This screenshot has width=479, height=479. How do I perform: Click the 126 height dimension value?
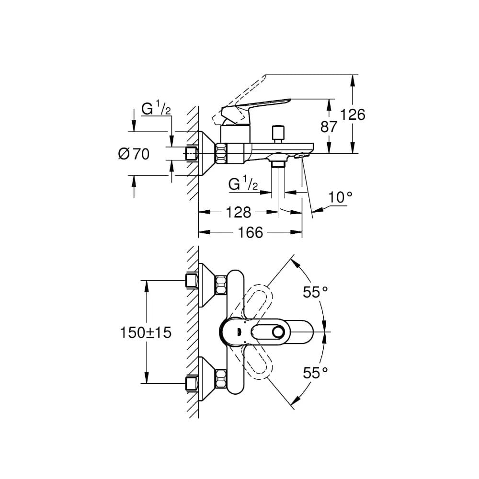pos(353,115)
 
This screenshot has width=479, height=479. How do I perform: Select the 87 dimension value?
pos(329,126)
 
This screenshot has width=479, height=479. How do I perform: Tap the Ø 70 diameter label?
pos(134,154)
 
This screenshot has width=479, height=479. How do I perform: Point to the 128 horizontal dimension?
pos(238,212)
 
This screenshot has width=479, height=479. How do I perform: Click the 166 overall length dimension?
pos(250,232)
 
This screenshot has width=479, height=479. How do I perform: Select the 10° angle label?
pos(340,197)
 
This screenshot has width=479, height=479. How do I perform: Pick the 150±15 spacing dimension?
pos(146,332)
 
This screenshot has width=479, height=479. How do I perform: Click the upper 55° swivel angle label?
pos(315,292)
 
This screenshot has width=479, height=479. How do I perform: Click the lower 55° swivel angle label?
pos(315,373)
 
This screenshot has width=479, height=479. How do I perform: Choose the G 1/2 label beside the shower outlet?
pos(243,184)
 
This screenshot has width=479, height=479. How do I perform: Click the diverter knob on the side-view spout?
pos(278,134)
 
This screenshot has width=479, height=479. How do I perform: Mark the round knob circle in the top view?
pos(278,332)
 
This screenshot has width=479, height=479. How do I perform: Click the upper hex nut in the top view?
pos(221,285)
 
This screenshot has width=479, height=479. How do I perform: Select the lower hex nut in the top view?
pos(221,379)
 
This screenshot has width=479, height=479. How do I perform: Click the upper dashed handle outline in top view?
pos(257,301)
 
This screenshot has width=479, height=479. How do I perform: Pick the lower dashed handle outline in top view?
pos(257,363)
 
